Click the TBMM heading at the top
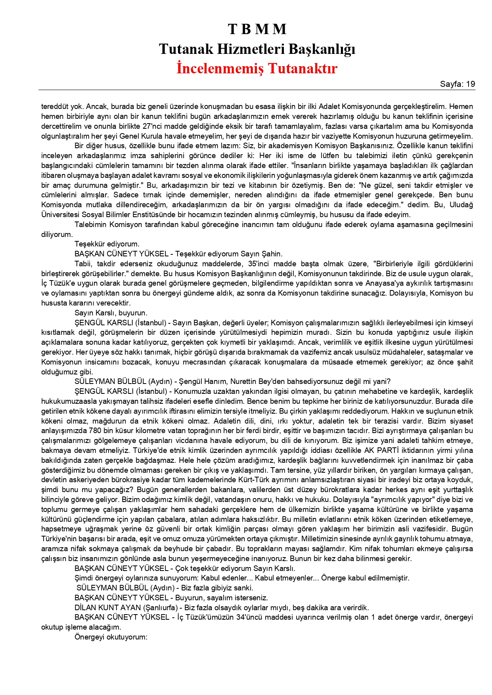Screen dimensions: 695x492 pyautogui.click(x=257, y=29)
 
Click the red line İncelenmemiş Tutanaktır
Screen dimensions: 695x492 pyautogui.click(x=257, y=68)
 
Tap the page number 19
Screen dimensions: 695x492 pyautogui.click(x=471, y=84)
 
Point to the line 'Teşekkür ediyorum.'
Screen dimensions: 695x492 pyautogui.click(x=107, y=244)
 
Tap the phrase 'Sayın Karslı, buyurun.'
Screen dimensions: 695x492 pyautogui.click(x=111, y=313)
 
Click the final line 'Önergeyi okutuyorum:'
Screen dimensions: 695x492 pyautogui.click(x=111, y=637)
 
